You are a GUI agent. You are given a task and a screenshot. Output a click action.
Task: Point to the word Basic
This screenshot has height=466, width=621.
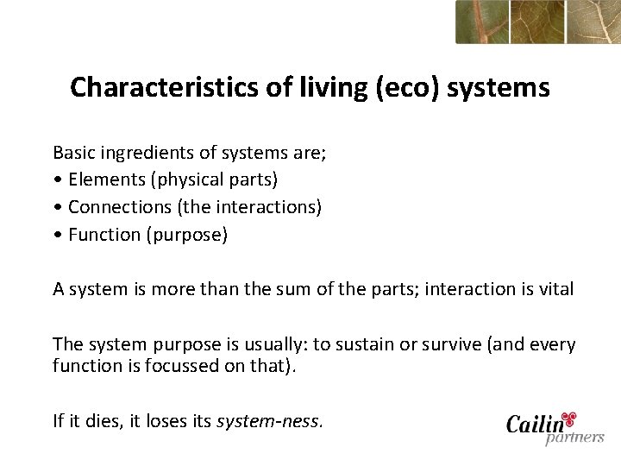[x=72, y=153]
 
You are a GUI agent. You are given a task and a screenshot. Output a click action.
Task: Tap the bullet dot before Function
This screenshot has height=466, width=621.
[x=57, y=235]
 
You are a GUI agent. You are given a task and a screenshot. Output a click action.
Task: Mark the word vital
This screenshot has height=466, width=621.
[x=555, y=289]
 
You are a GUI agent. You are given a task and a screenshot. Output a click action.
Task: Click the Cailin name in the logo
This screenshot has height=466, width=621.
[x=534, y=425]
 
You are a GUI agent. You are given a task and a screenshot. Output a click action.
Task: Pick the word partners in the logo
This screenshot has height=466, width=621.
[x=574, y=438]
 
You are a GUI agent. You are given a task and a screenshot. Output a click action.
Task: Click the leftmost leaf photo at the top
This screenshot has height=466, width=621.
[x=481, y=22]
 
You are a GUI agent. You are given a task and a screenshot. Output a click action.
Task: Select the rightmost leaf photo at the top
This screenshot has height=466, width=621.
[x=593, y=22]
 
